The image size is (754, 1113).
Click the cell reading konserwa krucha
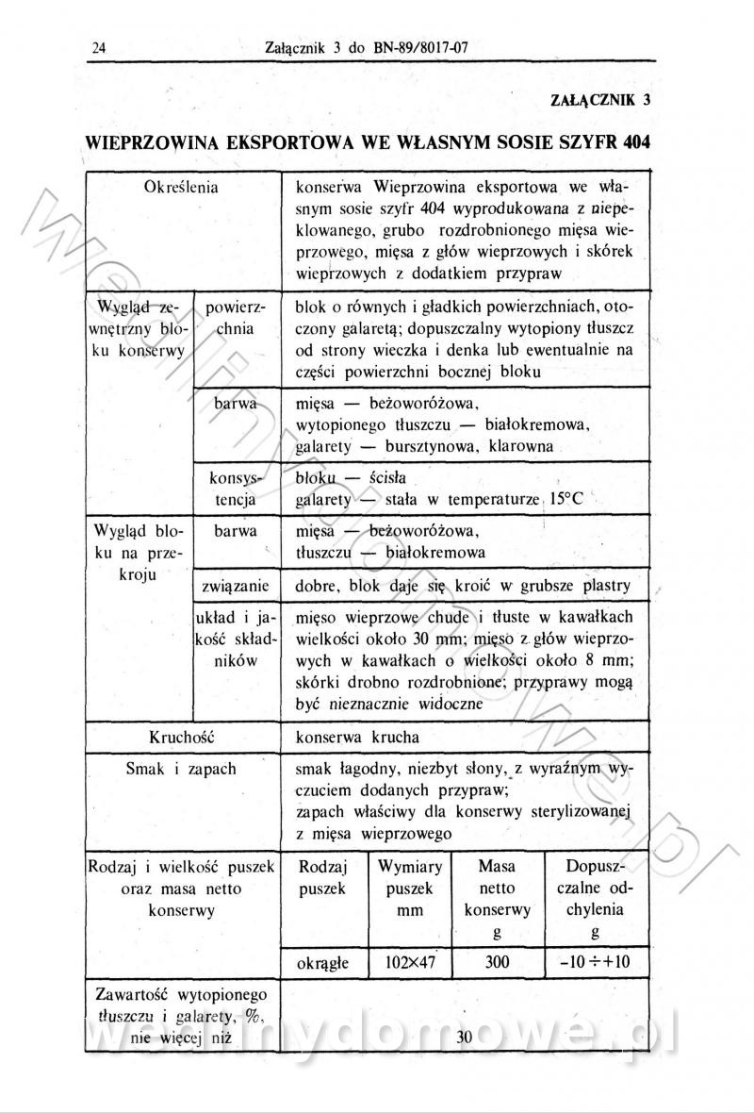[x=357, y=736]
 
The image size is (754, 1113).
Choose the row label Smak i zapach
[x=181, y=769]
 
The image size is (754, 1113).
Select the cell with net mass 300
[x=497, y=962]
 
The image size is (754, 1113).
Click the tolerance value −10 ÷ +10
[x=595, y=962]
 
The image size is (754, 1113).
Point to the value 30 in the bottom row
[x=464, y=1038]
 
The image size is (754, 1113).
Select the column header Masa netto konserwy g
[x=497, y=899]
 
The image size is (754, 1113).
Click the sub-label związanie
[x=237, y=586]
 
